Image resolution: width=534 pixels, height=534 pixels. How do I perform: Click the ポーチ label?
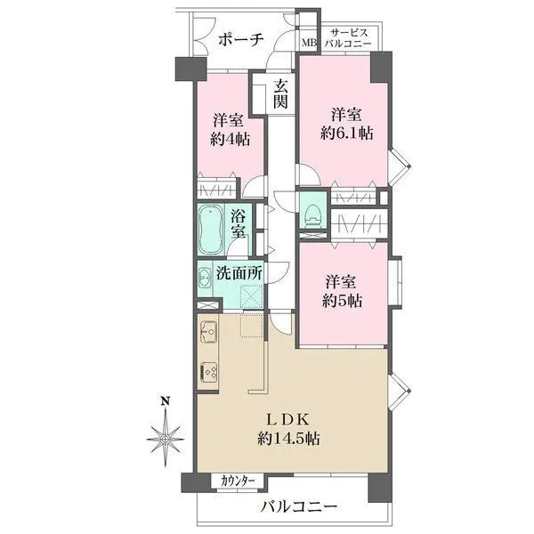[x=241, y=40]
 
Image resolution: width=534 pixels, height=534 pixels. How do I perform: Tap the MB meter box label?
[x=310, y=43]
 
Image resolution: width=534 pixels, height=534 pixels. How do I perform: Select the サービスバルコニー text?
[x=348, y=38]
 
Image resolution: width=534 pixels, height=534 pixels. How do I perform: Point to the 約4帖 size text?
[x=230, y=140]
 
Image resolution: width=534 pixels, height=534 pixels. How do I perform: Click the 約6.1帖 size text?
[x=347, y=133]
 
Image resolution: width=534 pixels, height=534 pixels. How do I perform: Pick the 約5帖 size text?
[x=342, y=301]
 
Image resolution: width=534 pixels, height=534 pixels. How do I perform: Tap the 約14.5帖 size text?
[x=288, y=439]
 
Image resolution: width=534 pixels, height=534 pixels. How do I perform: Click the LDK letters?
[x=288, y=419]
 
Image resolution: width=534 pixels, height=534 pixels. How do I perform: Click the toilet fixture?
[x=313, y=215]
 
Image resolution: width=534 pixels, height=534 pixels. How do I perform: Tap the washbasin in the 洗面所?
[x=205, y=277]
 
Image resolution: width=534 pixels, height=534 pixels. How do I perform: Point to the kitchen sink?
[x=208, y=331]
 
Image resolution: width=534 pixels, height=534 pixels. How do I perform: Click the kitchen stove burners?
[x=208, y=372]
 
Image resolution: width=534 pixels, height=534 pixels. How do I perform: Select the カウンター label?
[x=238, y=481]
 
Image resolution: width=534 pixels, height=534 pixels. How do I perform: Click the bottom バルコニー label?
[x=299, y=507]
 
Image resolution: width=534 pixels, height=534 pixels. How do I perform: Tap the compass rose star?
[x=166, y=438]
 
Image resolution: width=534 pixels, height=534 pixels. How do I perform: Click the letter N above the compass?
[x=166, y=401]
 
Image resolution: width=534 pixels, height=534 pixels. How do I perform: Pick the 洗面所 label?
[x=239, y=273]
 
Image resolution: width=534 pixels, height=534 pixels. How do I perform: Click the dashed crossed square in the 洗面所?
[x=251, y=296]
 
